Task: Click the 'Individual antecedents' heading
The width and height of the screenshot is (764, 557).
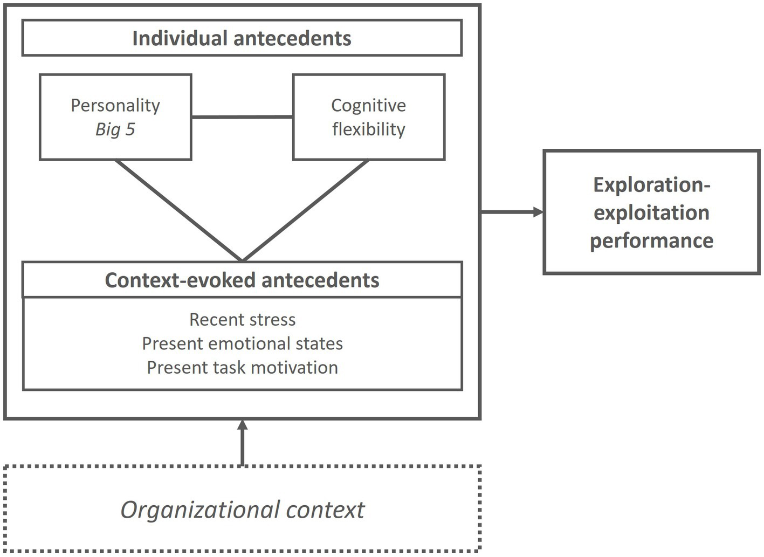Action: pyautogui.click(x=242, y=38)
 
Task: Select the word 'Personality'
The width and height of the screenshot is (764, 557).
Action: pyautogui.click(x=115, y=105)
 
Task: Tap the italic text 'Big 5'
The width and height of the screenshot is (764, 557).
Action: pyautogui.click(x=115, y=129)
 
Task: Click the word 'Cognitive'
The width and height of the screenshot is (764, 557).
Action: pyautogui.click(x=368, y=105)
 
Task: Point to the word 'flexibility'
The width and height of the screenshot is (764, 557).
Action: pyautogui.click(x=368, y=129)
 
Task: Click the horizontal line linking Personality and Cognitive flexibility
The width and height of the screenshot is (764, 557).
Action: pyautogui.click(x=242, y=116)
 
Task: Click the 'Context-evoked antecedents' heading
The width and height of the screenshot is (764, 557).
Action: pyautogui.click(x=242, y=280)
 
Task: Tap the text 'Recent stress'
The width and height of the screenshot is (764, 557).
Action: pyautogui.click(x=242, y=320)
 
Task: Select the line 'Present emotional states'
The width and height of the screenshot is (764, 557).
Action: pyautogui.click(x=242, y=343)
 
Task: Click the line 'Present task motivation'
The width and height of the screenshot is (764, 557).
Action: pyautogui.click(x=242, y=367)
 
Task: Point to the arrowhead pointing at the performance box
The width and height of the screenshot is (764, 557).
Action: pyautogui.click(x=538, y=212)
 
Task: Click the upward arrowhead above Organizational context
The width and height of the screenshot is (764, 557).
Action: pyautogui.click(x=242, y=425)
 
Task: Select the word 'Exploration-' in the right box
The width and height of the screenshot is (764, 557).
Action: pyautogui.click(x=651, y=184)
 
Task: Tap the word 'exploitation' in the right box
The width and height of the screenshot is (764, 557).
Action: pyautogui.click(x=651, y=212)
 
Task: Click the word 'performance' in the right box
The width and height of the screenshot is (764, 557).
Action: pyautogui.click(x=651, y=240)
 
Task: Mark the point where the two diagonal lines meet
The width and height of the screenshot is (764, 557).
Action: pyautogui.click(x=242, y=260)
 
